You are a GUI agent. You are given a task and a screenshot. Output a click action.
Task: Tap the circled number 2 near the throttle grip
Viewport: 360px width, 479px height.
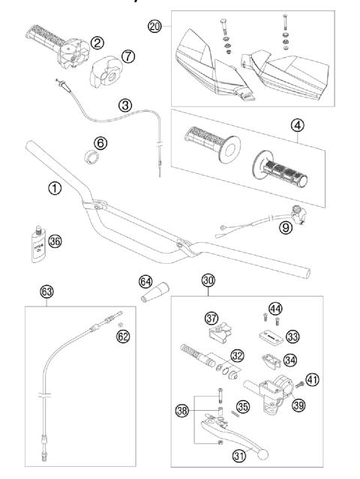coord(97,44)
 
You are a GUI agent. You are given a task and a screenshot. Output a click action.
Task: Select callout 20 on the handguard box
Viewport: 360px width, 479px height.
coord(155,26)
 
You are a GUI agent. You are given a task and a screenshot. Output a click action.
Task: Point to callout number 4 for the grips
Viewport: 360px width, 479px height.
coord(298,124)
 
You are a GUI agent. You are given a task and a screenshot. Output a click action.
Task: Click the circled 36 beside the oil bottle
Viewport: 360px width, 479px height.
coord(55,241)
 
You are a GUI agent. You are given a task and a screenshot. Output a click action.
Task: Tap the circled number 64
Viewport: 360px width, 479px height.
coord(145,281)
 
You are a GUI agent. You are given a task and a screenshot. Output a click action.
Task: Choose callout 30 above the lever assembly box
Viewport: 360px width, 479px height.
coord(208,280)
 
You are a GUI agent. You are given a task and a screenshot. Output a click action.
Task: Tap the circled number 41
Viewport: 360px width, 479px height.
coord(313,379)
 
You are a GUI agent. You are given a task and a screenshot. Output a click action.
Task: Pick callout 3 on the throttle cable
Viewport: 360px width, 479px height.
coord(125,106)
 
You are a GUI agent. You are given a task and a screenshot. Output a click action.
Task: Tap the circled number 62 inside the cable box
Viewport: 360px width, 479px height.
coord(123,337)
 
